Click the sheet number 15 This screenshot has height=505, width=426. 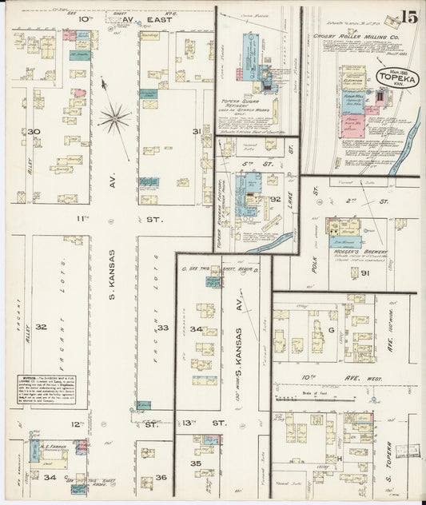(409, 15)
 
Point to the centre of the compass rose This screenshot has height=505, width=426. (114, 119)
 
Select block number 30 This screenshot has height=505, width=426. (33, 132)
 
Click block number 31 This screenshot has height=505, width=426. (196, 132)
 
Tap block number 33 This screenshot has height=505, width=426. (162, 328)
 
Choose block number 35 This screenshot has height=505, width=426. (195, 463)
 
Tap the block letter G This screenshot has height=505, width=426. (330, 328)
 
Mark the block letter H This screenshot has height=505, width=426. (339, 459)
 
